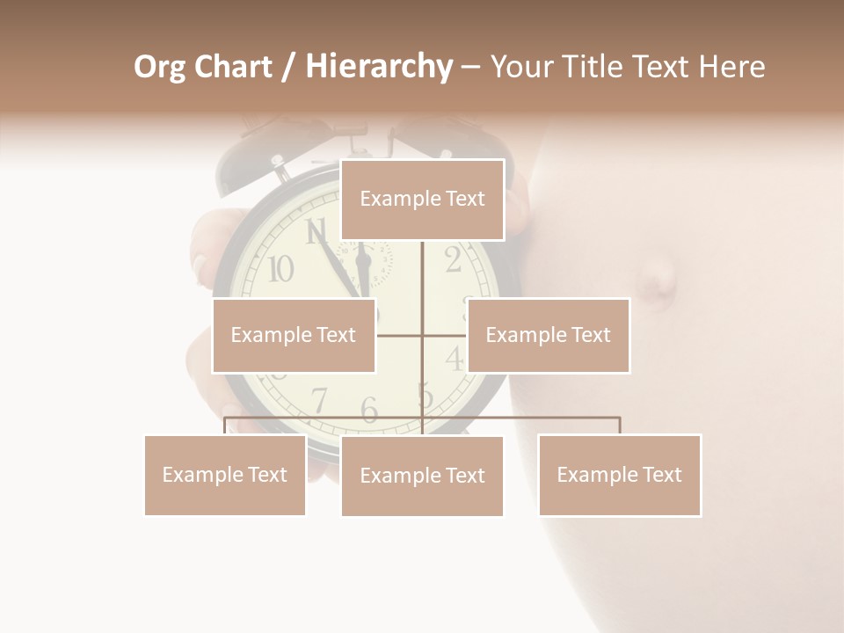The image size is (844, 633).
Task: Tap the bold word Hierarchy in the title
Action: tap(378, 67)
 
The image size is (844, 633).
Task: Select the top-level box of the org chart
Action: tap(422, 200)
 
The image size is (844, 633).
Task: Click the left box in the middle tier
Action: tap(294, 335)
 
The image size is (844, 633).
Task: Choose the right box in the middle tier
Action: tap(548, 335)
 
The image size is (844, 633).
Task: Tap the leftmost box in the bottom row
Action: tap(225, 475)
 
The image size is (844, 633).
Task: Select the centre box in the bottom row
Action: tap(422, 476)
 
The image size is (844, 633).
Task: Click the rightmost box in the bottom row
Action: tap(619, 475)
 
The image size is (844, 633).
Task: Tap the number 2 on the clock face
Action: tap(453, 260)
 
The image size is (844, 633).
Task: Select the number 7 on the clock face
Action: tap(319, 400)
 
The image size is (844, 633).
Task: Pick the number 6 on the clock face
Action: tap(369, 410)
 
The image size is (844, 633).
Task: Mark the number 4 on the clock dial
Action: tap(454, 358)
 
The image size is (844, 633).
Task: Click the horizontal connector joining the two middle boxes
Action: tap(400, 335)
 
